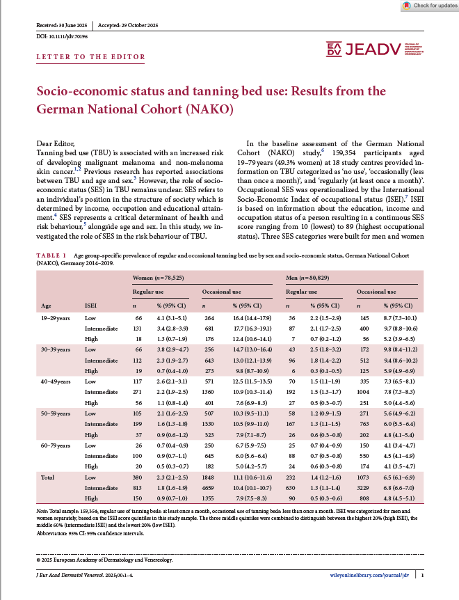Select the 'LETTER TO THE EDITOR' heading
pyautogui.click(x=90, y=57)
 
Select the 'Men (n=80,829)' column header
pyautogui.click(x=309, y=278)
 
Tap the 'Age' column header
pyautogui.click(x=46, y=305)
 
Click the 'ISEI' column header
pyautogui.click(x=90, y=305)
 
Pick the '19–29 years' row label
pyautogui.click(x=56, y=319)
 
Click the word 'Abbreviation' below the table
pyautogui.click(x=53, y=534)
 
